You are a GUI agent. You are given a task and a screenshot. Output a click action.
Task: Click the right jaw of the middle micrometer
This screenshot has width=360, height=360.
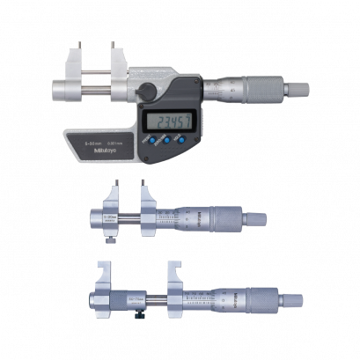coord(141,197)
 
